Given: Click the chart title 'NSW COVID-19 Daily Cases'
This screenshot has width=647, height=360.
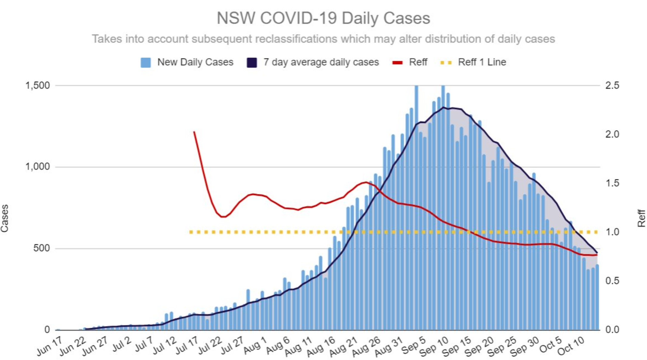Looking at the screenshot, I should [323, 18].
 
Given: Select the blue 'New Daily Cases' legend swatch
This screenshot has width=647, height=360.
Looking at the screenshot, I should [146, 63].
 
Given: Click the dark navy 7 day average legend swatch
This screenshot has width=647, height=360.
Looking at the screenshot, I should [252, 63].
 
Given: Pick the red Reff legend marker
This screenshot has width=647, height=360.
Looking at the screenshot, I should [397, 63].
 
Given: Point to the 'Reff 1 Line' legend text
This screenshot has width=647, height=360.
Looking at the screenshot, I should [482, 62].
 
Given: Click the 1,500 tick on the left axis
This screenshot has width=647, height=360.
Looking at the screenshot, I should [38, 86].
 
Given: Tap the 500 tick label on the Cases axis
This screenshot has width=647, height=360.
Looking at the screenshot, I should [41, 248].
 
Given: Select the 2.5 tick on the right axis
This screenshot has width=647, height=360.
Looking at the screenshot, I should [612, 86].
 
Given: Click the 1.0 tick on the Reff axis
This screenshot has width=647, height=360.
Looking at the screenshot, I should [612, 232].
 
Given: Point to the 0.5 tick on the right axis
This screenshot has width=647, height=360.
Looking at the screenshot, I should [612, 281].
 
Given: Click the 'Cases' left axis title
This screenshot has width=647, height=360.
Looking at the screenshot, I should [5, 218].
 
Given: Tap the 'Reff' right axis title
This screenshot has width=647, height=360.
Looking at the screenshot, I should [641, 218].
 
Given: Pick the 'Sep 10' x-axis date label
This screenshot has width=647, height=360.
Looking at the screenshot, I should [434, 347].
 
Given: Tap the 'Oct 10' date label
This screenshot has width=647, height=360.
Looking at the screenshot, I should [571, 347].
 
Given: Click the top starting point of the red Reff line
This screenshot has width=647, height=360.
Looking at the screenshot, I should [194, 132].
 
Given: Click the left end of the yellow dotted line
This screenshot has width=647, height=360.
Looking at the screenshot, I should [191, 232].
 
